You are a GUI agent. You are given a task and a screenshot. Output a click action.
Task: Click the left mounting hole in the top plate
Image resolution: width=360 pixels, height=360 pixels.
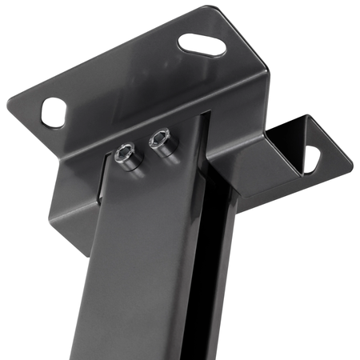pyautogui.click(x=53, y=111)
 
